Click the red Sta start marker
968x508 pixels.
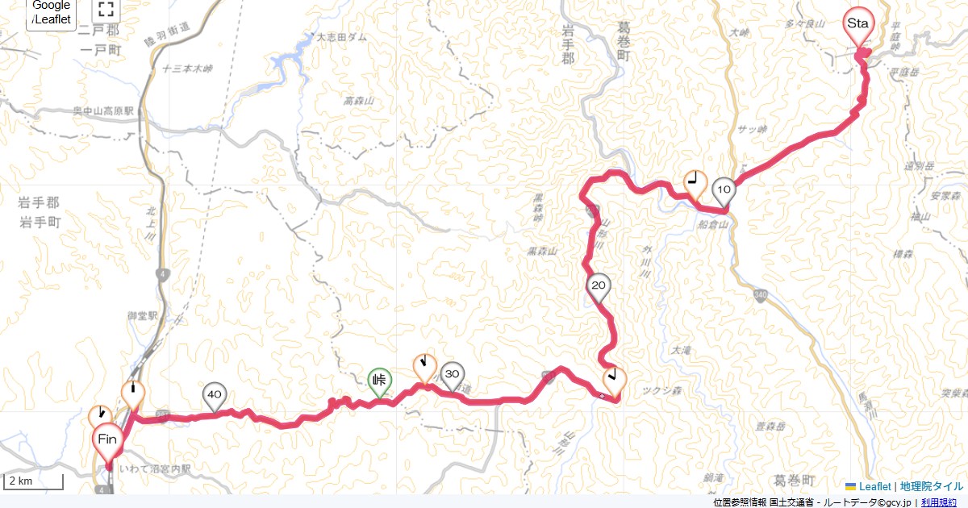(857, 23)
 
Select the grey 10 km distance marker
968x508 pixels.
(724, 190)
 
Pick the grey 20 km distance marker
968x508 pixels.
(599, 286)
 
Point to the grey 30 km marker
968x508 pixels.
(453, 374)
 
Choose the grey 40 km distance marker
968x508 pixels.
(214, 395)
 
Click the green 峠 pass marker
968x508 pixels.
(380, 381)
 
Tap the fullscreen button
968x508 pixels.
(105, 10)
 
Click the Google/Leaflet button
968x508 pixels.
(52, 13)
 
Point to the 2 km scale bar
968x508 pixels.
(35, 482)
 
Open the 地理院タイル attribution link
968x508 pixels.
(932, 486)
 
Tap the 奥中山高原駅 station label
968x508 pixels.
(102, 110)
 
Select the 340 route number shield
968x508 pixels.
(762, 294)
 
